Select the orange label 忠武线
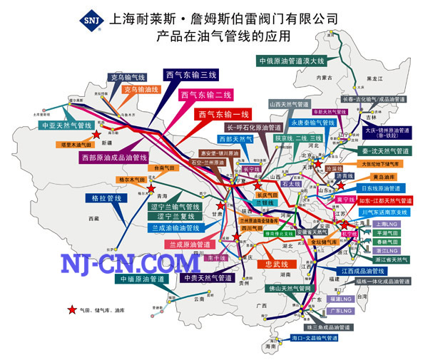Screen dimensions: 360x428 click(274, 264)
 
